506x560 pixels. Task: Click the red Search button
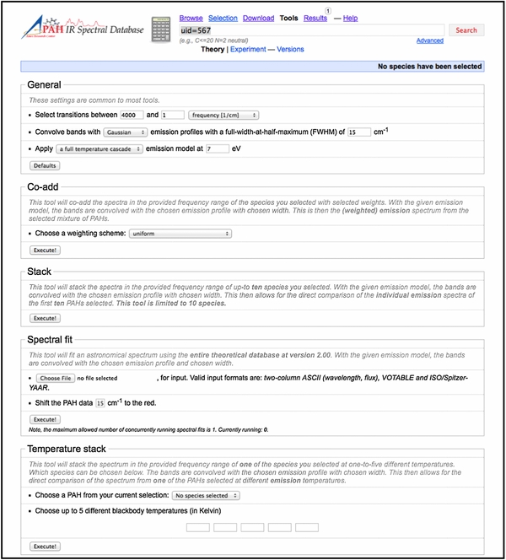pyautogui.click(x=466, y=30)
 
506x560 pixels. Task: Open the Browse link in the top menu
pyautogui.click(x=191, y=18)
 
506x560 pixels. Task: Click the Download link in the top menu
pyautogui.click(x=258, y=18)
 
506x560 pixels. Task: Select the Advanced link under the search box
pyautogui.click(x=429, y=40)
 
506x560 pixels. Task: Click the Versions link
pyautogui.click(x=291, y=50)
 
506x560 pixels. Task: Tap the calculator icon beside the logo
pyautogui.click(x=159, y=30)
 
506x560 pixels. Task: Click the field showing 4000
pyautogui.click(x=132, y=115)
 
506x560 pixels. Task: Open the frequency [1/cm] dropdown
pyautogui.click(x=223, y=115)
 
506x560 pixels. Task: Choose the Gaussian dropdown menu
pyautogui.click(x=126, y=132)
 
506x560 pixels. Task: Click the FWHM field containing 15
pyautogui.click(x=358, y=132)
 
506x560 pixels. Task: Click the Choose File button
pyautogui.click(x=56, y=380)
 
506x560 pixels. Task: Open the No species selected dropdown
pyautogui.click(x=205, y=495)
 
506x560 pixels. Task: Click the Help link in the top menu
pyautogui.click(x=350, y=18)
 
